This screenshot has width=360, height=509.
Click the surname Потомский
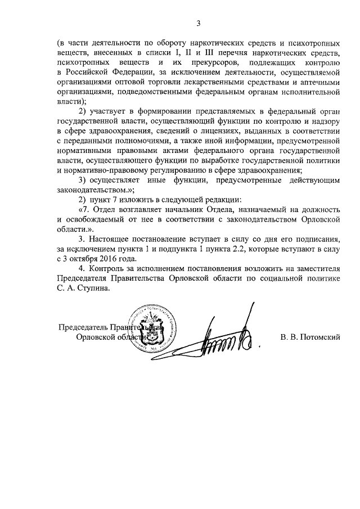click(x=321, y=337)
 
